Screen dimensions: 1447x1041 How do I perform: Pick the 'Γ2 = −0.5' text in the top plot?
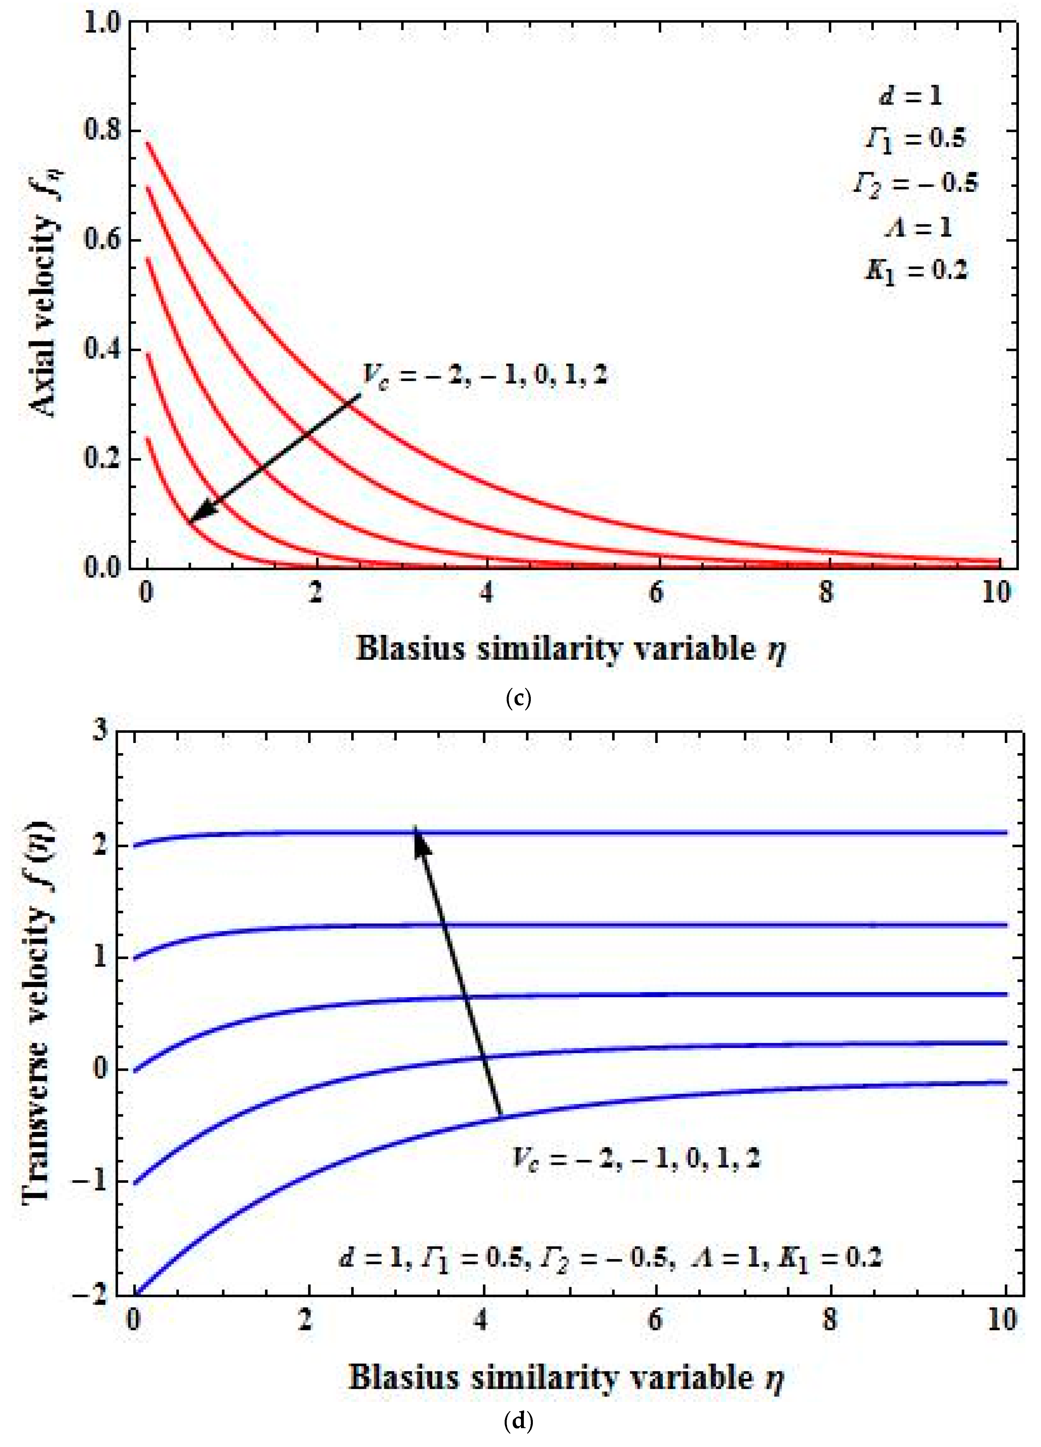point(916,183)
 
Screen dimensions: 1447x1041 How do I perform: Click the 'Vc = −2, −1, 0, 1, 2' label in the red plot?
point(485,375)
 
